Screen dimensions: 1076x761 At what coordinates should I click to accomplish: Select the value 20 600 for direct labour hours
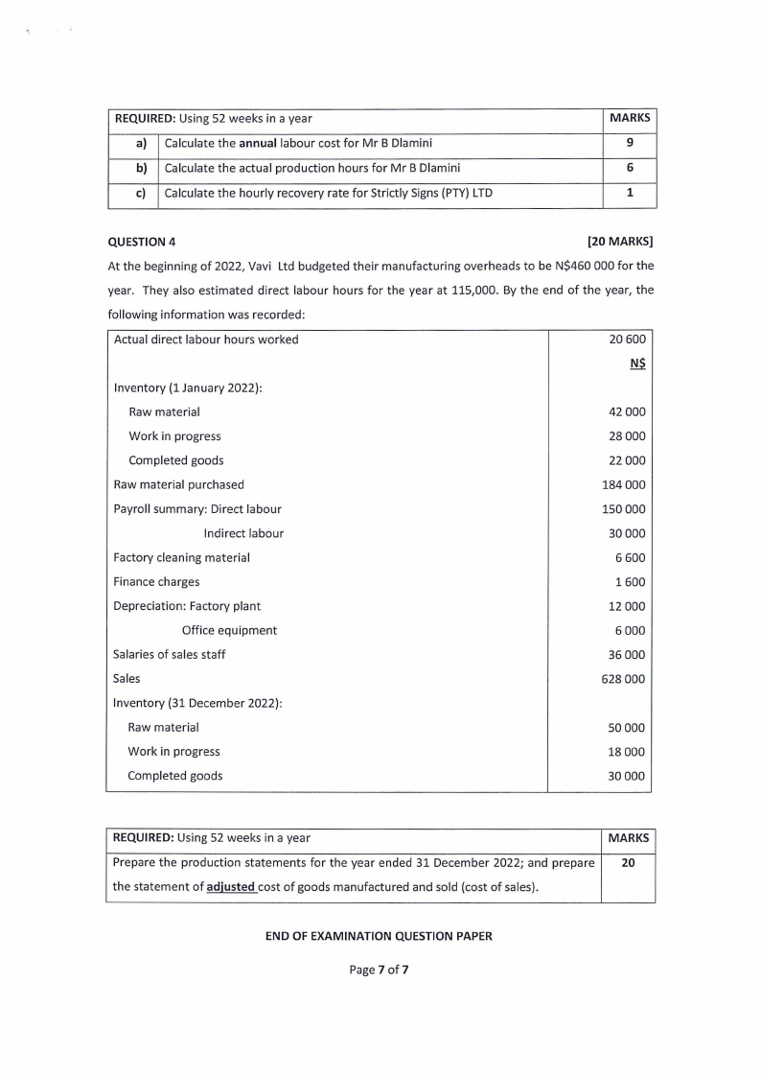627,339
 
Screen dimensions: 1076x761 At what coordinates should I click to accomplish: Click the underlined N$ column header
637,363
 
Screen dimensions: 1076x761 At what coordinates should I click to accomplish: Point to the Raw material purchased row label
178,484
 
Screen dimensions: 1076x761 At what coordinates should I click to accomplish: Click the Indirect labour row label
243,533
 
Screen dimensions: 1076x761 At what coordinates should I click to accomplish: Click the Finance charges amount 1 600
630,582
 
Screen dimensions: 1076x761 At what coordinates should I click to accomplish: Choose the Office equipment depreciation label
229,630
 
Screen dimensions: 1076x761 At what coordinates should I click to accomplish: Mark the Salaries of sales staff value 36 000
627,655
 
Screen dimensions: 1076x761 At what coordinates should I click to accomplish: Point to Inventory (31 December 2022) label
196,703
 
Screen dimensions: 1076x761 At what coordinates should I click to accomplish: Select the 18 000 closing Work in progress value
627,752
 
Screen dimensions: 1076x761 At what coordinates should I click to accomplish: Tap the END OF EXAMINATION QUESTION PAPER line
379,936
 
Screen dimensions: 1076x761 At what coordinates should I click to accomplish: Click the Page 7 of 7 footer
380,971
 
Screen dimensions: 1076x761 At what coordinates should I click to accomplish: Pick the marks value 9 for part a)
630,144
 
